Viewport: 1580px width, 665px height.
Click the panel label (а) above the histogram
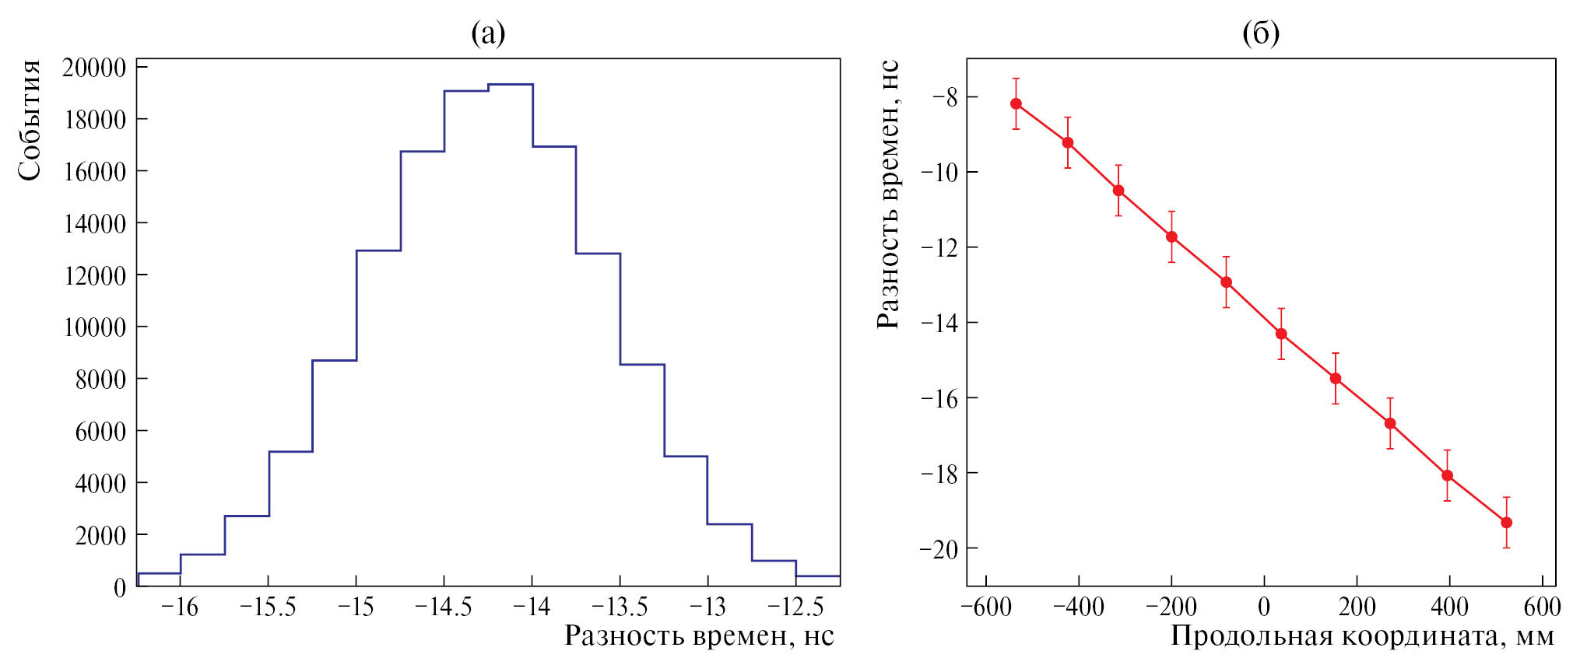pos(488,33)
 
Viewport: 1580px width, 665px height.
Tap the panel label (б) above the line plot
pos(1260,33)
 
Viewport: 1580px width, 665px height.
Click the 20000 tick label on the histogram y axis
pos(94,68)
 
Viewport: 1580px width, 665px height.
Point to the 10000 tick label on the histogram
pos(94,327)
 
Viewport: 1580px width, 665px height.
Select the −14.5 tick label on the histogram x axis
pos(443,607)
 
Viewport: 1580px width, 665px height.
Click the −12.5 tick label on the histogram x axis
pos(795,607)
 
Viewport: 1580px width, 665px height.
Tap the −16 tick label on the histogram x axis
pos(180,607)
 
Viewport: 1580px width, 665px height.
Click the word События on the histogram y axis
pos(30,121)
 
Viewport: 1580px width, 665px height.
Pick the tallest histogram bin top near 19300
pos(511,84)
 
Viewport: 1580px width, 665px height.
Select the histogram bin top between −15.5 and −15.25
pos(290,451)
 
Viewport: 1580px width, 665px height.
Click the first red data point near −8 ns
pos(1016,103)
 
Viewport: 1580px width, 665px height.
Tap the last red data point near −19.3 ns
pos(1506,523)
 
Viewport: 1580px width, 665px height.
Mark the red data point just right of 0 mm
pos(1280,334)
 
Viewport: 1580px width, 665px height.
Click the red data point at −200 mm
pos(1171,236)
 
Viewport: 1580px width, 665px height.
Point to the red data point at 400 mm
pos(1447,475)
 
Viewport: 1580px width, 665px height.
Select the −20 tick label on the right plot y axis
pos(939,549)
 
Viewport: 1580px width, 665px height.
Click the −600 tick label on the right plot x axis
pos(986,607)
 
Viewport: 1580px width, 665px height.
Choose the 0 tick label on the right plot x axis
pos(1264,607)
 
